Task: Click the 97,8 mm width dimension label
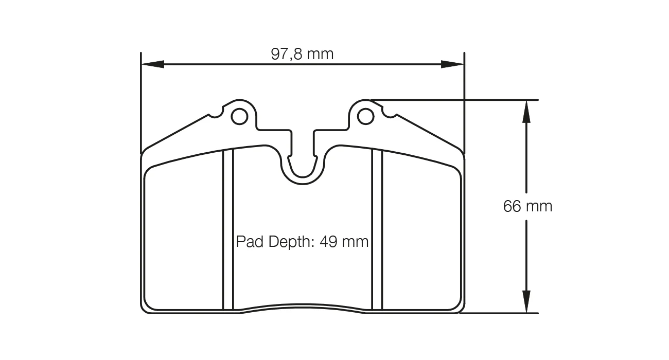(x=302, y=54)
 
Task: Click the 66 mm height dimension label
(x=527, y=206)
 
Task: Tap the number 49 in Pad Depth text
(x=329, y=242)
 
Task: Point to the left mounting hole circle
(x=239, y=116)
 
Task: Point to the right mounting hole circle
(x=365, y=116)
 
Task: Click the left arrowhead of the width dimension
(x=153, y=64)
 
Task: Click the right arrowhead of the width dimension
(x=452, y=64)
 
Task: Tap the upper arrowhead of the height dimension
(x=526, y=112)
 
